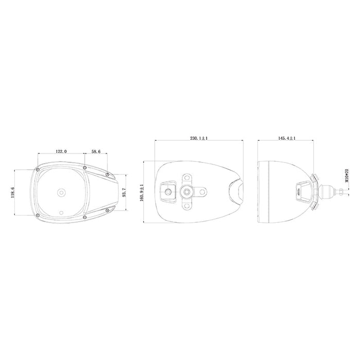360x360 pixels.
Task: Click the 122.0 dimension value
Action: (61, 152)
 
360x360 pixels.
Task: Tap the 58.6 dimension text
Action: (96, 152)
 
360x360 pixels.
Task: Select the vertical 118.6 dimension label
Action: (12, 192)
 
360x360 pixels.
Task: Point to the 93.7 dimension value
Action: (124, 192)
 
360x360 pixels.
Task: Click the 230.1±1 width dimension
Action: (199, 138)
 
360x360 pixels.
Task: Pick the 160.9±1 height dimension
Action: (141, 192)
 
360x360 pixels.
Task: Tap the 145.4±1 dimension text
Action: (287, 138)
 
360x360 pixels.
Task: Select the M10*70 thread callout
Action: (347, 175)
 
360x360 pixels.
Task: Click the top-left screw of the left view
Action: (38, 169)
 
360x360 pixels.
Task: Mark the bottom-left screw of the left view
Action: (38, 215)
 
